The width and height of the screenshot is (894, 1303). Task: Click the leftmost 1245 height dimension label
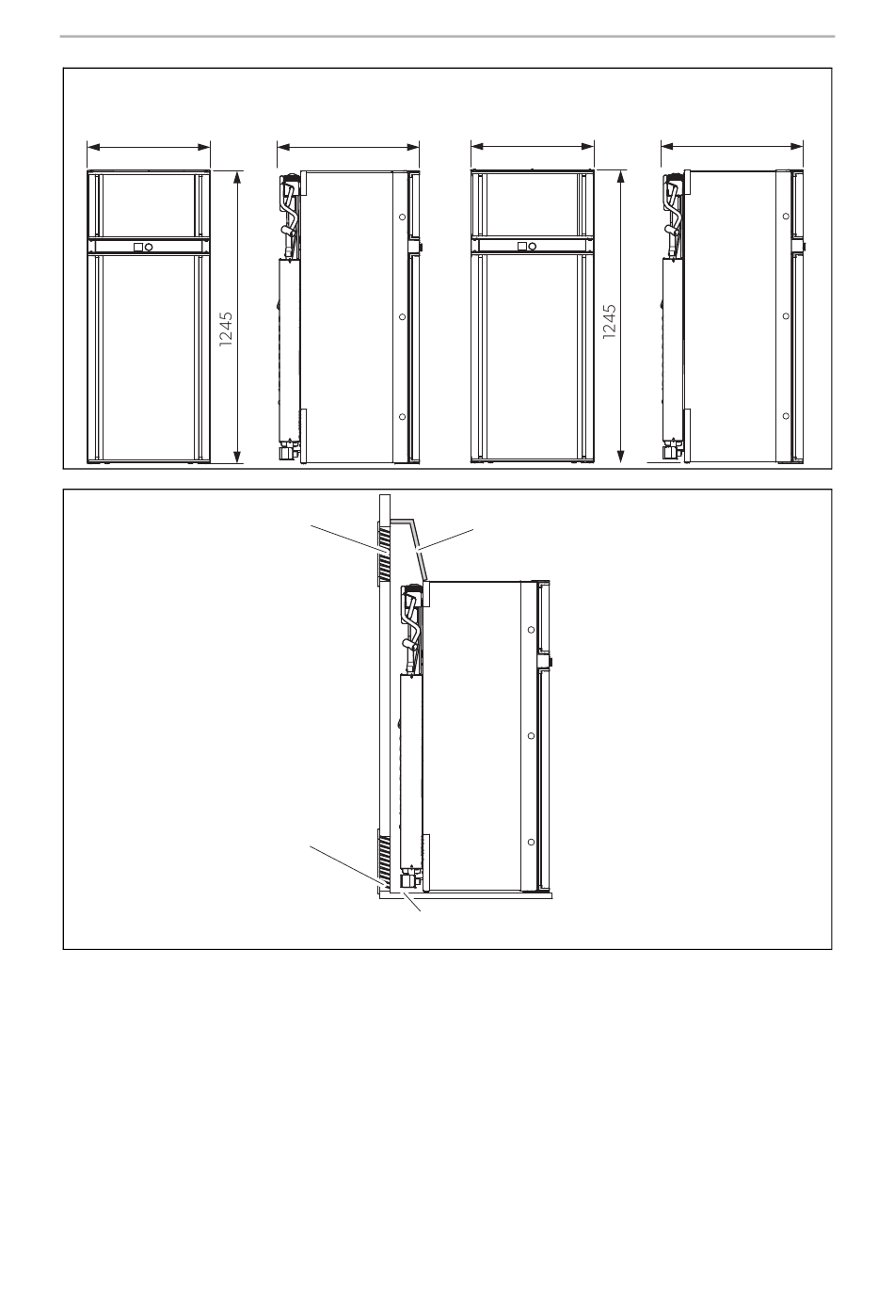click(x=226, y=330)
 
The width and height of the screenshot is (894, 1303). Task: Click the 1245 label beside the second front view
click(x=609, y=322)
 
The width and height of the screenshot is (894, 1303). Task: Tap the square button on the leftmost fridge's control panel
click(x=137, y=248)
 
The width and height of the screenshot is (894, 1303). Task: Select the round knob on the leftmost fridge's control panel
click(x=149, y=248)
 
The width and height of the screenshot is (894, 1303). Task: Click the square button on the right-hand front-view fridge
click(x=521, y=247)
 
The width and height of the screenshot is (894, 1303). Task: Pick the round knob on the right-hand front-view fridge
click(x=532, y=247)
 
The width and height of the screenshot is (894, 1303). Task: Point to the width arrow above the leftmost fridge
click(x=149, y=147)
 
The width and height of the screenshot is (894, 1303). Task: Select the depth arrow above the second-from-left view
click(x=348, y=147)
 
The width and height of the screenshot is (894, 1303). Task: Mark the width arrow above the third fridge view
click(x=533, y=147)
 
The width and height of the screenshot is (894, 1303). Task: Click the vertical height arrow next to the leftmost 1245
click(x=237, y=317)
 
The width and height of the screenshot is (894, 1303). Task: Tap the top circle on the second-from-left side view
click(x=402, y=217)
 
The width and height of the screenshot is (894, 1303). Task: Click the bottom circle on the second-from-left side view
click(x=402, y=416)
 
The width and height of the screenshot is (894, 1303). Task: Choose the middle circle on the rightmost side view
click(x=786, y=315)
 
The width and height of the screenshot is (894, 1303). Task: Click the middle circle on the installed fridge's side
click(x=531, y=736)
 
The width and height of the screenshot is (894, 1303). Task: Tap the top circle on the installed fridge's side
click(x=531, y=630)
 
